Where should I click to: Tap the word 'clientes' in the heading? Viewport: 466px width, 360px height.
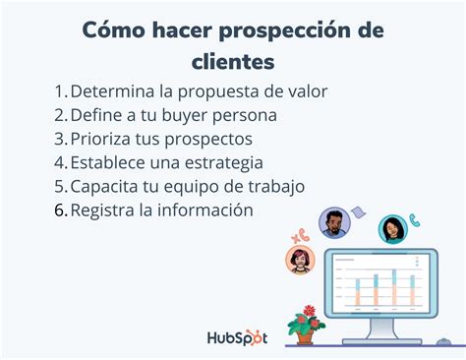(x=232, y=62)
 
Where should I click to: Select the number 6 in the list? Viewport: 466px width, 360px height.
(x=60, y=210)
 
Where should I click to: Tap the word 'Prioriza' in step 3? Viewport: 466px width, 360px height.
(x=105, y=139)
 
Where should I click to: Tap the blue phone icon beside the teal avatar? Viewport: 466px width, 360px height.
(x=416, y=221)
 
